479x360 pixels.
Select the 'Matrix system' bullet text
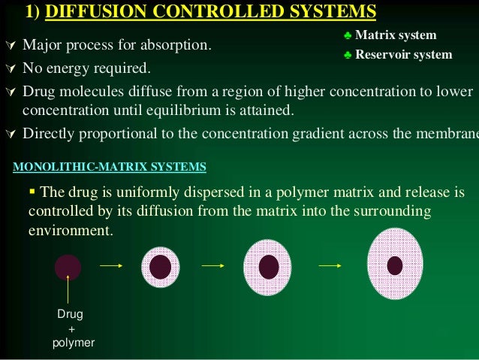(395, 35)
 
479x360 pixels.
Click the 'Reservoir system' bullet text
(403, 54)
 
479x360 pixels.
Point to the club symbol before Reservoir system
(347, 54)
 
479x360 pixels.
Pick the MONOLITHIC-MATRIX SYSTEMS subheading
(110, 165)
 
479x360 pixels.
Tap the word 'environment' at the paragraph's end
(70, 230)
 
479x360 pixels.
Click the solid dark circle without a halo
(68, 267)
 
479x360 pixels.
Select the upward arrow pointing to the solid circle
(68, 289)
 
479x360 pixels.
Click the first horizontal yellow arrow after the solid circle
(110, 265)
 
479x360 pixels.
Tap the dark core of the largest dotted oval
(395, 265)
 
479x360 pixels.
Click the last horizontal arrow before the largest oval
(331, 265)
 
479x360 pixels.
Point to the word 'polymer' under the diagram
(73, 343)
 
